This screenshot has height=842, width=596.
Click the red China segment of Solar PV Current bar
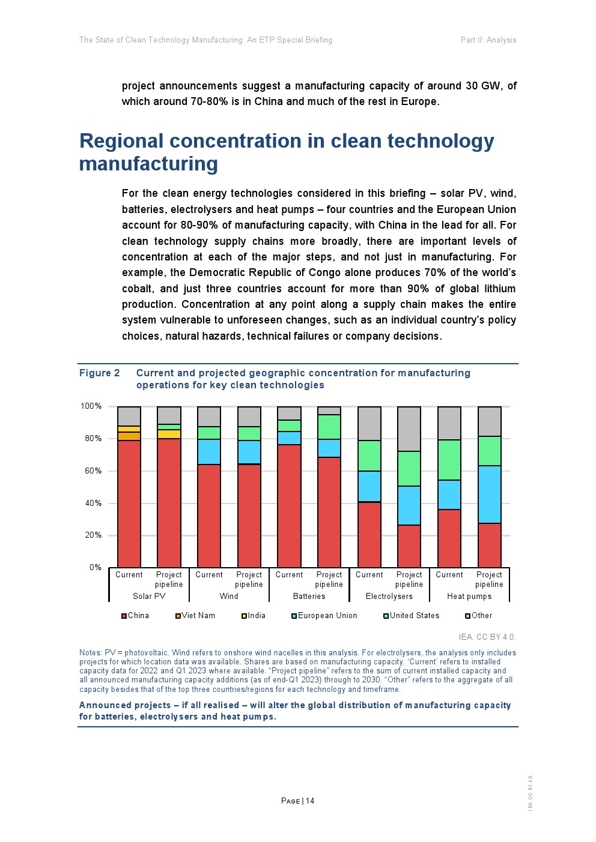coord(129,504)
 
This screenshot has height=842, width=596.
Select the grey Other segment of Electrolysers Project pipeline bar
coord(409,429)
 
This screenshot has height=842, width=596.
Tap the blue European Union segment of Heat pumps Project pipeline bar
coord(489,495)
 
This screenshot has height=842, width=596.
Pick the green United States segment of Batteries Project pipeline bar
coord(329,427)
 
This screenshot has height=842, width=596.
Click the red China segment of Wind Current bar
coord(209,516)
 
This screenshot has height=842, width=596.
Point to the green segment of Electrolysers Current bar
coord(369,456)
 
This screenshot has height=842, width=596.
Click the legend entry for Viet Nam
coord(195,616)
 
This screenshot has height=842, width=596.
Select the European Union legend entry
coord(324,616)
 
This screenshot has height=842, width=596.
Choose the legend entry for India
coord(254,616)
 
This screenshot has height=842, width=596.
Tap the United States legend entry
coord(412,616)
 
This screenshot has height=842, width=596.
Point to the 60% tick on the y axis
coord(93,471)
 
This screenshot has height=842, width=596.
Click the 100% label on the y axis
coord(91,406)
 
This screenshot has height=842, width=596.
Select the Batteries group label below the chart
coord(309,597)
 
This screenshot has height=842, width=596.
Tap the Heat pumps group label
coord(469,597)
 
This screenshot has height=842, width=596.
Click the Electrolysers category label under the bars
coord(389,597)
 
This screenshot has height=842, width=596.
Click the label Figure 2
coord(100,373)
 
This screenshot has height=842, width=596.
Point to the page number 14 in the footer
coord(310,801)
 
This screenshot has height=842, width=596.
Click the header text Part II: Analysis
coord(488,40)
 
